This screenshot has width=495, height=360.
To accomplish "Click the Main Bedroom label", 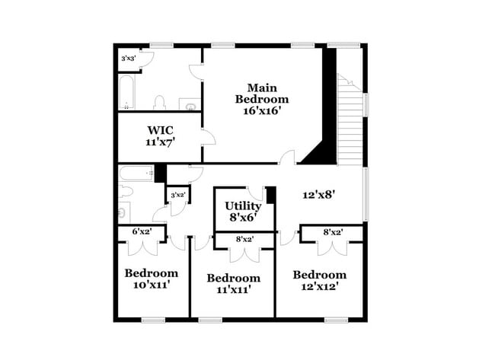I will pyautogui.click(x=261, y=93).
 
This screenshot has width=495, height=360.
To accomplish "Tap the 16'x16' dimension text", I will pyautogui.click(x=261, y=111).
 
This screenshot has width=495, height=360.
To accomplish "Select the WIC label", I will pyautogui.click(x=161, y=129).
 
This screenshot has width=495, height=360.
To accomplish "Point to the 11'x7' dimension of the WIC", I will pyautogui.click(x=161, y=142).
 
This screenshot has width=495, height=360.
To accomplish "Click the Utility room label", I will pyautogui.click(x=243, y=205).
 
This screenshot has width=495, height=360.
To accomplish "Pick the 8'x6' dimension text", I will pyautogui.click(x=243, y=217).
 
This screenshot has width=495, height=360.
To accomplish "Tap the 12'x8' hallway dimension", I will pyautogui.click(x=319, y=195).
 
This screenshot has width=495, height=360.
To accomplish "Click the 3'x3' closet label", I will pyautogui.click(x=129, y=59).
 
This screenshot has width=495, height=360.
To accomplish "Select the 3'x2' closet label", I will pyautogui.click(x=178, y=195).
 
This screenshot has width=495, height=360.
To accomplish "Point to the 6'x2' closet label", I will pyautogui.click(x=142, y=231).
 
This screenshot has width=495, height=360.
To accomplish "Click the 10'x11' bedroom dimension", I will pyautogui.click(x=152, y=285).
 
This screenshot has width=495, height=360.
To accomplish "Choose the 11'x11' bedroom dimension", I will pyautogui.click(x=233, y=289).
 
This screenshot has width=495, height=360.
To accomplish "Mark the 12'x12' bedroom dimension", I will pyautogui.click(x=319, y=286).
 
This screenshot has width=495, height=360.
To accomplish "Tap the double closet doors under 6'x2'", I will pyautogui.click(x=142, y=246).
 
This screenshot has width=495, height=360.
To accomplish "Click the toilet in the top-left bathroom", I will pyautogui.click(x=160, y=103).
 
